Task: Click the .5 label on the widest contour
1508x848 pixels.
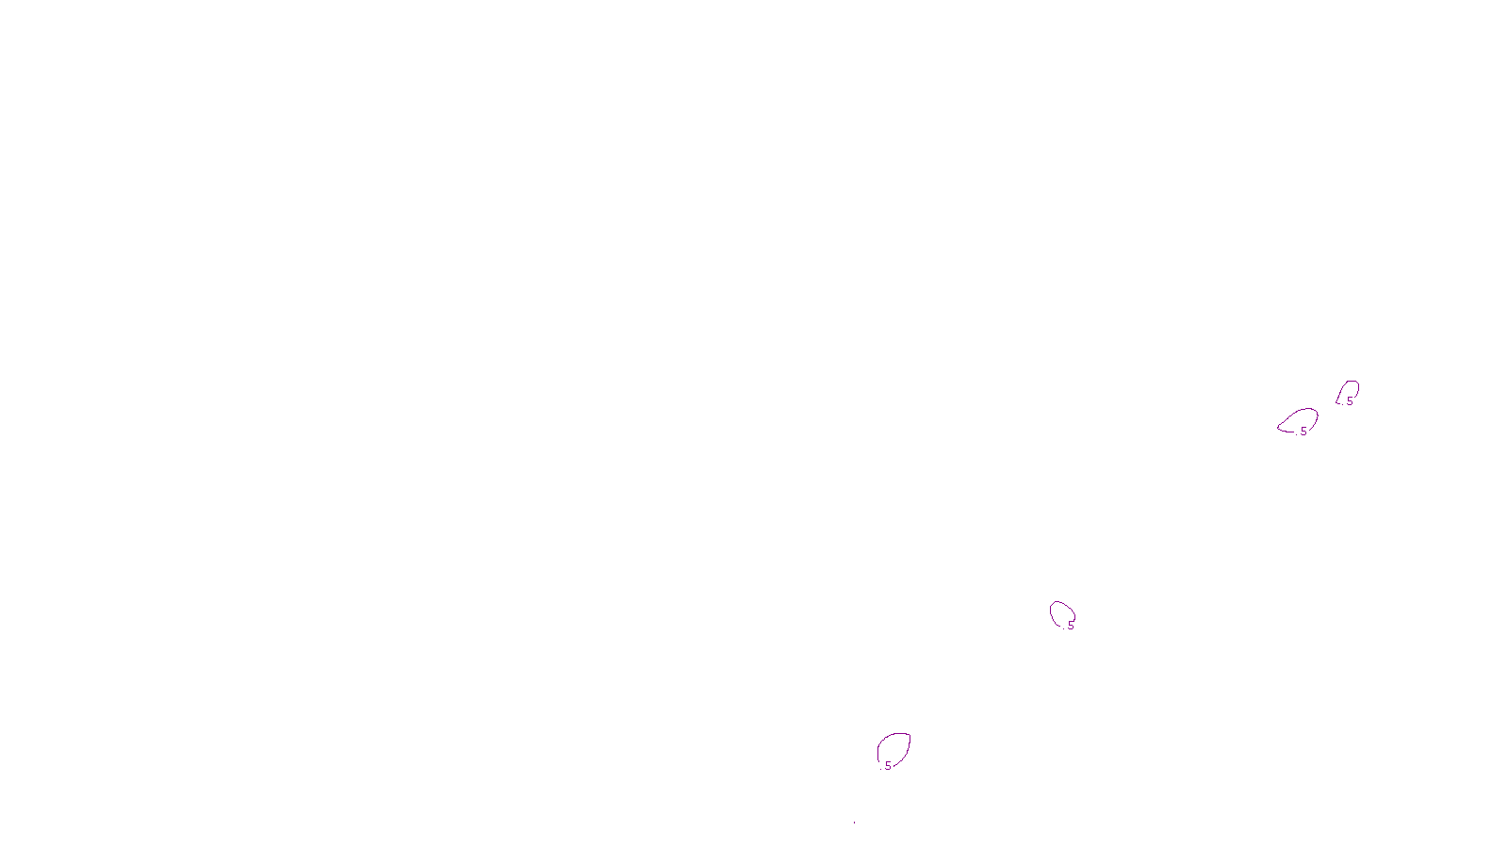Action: (x=1303, y=432)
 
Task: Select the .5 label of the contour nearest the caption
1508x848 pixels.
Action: (x=887, y=766)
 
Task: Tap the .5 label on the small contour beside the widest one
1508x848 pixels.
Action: (x=1349, y=401)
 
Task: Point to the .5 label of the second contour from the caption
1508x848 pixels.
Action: (x=1070, y=626)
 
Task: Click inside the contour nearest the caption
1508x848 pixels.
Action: (x=893, y=749)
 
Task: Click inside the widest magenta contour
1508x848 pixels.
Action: (x=1301, y=420)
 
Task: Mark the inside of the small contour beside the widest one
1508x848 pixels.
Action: (x=1349, y=390)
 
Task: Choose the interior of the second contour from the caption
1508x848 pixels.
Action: (x=1061, y=613)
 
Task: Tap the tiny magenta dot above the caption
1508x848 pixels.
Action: (x=854, y=823)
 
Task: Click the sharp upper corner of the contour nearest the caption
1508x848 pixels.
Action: (x=910, y=734)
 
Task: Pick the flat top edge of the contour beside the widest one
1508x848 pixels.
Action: (x=1352, y=382)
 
